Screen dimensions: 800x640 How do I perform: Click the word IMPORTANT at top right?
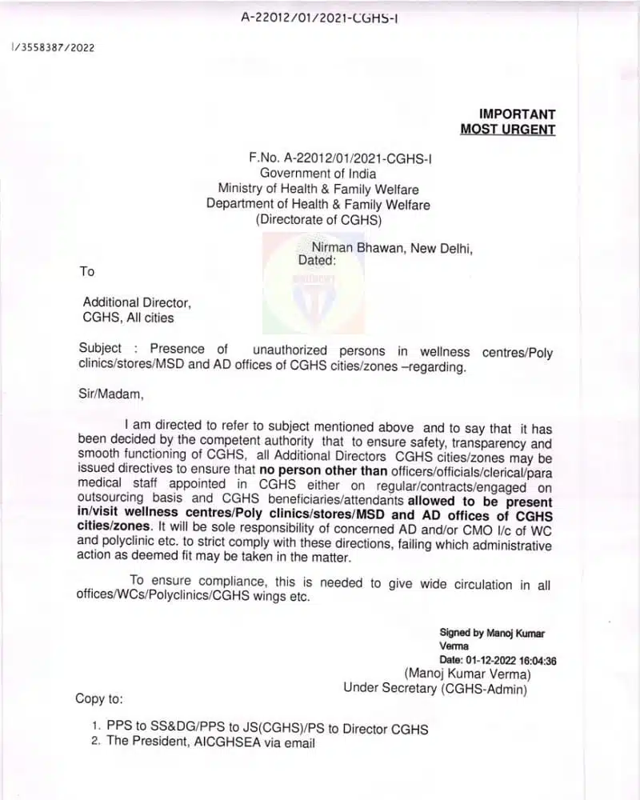(x=517, y=114)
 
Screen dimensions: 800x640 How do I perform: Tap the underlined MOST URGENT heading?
(x=507, y=130)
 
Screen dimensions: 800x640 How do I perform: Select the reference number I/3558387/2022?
(x=53, y=47)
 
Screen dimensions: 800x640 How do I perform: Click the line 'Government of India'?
(x=318, y=173)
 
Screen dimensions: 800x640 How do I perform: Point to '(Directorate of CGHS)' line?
(x=318, y=219)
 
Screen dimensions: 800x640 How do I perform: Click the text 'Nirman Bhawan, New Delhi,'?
(x=392, y=248)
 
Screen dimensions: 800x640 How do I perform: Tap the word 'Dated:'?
(x=317, y=260)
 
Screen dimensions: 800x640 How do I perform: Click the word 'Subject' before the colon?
(x=100, y=349)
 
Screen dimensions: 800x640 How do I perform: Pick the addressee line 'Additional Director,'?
(x=137, y=302)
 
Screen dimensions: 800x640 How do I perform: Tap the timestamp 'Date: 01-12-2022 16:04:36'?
(x=498, y=660)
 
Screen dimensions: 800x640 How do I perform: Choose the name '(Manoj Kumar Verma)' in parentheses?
(x=467, y=674)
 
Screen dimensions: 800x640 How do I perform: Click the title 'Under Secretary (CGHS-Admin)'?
(x=435, y=687)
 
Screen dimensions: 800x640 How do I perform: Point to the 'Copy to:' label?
(x=100, y=698)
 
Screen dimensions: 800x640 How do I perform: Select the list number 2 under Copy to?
(x=94, y=742)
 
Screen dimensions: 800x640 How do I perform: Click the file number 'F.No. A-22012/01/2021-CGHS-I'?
(x=341, y=158)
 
